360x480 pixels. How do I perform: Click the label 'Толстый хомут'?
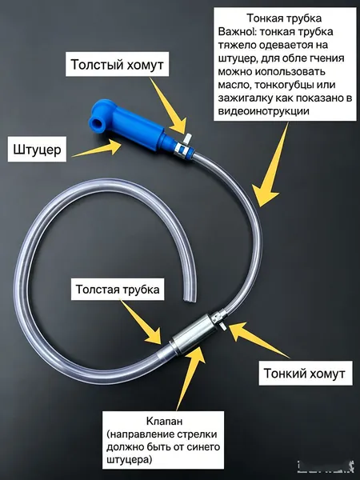pos(118,65)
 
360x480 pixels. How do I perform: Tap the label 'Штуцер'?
pos(37,150)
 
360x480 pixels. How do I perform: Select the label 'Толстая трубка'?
pos(118,290)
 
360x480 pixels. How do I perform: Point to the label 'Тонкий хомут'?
pos(304,374)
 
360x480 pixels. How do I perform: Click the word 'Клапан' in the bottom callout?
pos(164,422)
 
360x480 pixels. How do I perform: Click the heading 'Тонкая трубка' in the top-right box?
pos(284,18)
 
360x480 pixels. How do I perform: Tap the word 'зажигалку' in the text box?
pos(246,98)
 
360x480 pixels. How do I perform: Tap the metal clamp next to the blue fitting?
pos(182,145)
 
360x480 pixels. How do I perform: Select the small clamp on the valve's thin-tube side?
pos(219,319)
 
